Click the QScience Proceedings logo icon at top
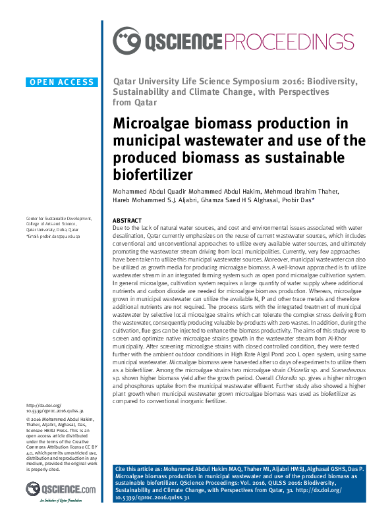coord(126,41)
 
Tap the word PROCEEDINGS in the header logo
coord(285,41)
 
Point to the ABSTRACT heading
coord(127,220)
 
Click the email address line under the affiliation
coord(52,235)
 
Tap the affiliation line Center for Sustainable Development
coord(59,218)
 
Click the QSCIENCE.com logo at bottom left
coord(61,489)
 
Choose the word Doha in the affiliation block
coord(63,229)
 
